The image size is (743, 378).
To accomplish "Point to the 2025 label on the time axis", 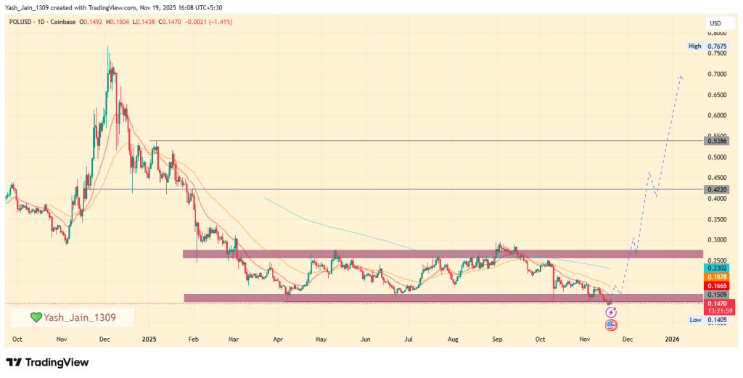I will pos(149,339).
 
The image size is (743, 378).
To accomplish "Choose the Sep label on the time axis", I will pos(497,339).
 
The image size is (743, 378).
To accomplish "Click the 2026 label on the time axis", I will pos(673,339).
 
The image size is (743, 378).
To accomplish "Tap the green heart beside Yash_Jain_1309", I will pos(36,317).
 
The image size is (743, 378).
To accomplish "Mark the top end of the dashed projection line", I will pos(681,76).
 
